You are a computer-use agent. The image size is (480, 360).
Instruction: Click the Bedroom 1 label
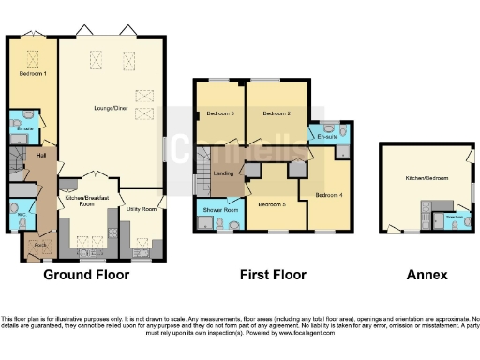33,72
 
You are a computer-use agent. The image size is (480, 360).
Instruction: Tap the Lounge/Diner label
111,109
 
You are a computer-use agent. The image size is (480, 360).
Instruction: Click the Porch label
40,246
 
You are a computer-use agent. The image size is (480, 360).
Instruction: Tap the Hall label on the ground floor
41,155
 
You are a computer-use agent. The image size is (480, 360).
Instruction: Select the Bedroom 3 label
220,113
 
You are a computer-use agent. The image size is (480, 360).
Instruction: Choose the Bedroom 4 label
328,195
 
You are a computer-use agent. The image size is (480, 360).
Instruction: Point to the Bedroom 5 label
271,204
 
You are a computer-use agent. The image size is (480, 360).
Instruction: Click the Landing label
224,172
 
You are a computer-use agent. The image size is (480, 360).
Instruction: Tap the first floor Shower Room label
218,210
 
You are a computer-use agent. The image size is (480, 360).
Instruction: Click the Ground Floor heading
85,276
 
